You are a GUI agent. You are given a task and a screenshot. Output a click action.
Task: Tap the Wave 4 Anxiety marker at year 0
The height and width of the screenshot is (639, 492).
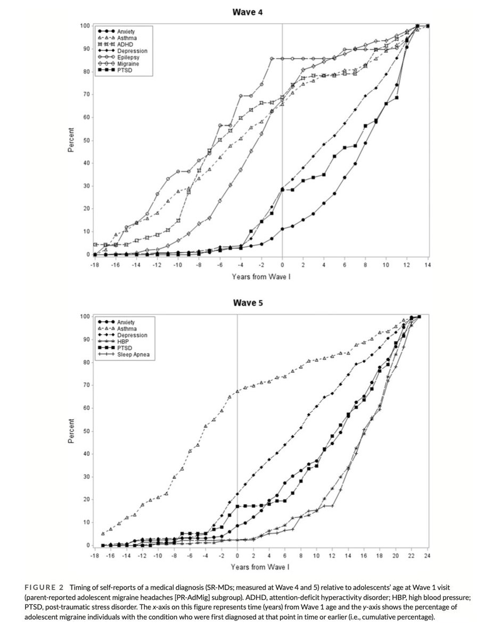click(282, 229)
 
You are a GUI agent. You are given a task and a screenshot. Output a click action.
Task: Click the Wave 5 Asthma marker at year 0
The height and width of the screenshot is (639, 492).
click(237, 391)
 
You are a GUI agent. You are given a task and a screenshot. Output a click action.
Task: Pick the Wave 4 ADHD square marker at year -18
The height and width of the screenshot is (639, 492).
click(94, 244)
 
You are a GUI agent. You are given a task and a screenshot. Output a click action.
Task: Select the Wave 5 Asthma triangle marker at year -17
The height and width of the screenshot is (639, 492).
click(103, 534)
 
